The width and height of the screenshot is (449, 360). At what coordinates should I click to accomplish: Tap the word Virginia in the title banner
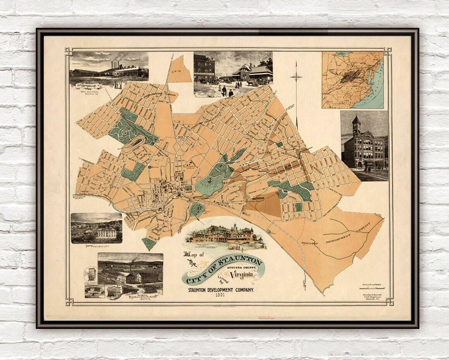[x=242, y=275]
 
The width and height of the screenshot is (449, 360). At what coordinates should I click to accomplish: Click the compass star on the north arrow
[x=296, y=76]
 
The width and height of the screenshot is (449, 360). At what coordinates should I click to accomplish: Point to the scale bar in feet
[x=370, y=288]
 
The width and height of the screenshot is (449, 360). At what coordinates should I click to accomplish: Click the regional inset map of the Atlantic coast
[x=352, y=80]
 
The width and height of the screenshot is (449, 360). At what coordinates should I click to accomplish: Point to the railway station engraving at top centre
[x=233, y=74]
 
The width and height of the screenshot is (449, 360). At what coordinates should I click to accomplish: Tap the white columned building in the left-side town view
[x=106, y=233]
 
